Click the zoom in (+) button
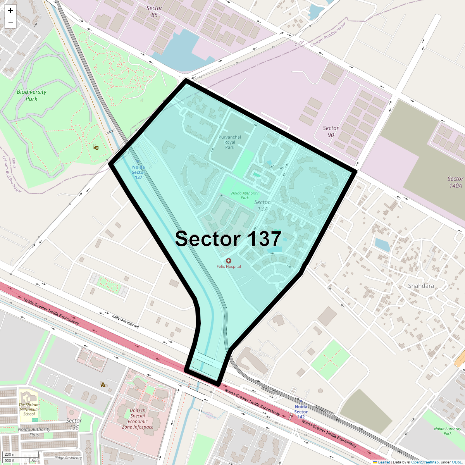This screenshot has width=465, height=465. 10,10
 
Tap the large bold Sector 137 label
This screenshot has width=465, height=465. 228,239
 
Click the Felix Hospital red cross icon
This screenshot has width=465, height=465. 229,261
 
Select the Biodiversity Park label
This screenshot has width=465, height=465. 31,95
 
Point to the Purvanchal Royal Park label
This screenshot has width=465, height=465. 230,142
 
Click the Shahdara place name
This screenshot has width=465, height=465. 421,286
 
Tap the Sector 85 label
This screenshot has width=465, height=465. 154,12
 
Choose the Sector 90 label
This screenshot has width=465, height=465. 331,131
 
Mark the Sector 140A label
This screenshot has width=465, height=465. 455,182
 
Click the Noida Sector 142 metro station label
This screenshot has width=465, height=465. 301,412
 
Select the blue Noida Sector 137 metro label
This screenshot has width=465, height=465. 138,172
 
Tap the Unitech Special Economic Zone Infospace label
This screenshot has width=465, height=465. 138,418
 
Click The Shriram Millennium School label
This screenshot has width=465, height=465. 29,409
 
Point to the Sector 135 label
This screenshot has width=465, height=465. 74,424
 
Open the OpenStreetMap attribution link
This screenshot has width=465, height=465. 425,462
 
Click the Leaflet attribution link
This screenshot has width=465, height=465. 384,462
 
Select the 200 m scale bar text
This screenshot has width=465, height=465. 10,454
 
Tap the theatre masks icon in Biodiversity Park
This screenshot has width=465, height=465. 95,147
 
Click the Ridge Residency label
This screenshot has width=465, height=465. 68,458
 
